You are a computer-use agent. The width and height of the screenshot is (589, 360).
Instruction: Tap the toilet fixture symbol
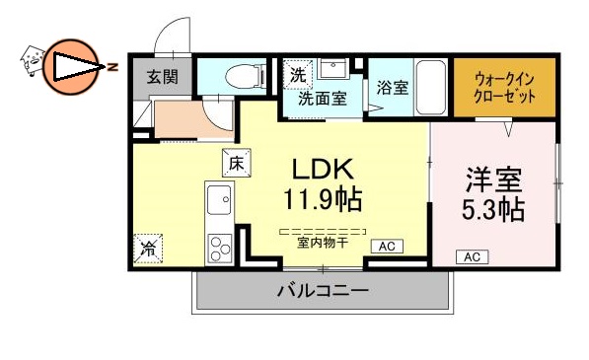pyautogui.click(x=240, y=75)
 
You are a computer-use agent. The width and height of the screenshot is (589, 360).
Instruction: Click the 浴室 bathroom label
pyautogui.click(x=392, y=88)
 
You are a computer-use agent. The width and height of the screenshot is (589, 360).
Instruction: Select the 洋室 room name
pyautogui.click(x=493, y=182)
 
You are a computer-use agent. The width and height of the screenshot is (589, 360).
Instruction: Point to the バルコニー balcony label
pyautogui.click(x=322, y=291)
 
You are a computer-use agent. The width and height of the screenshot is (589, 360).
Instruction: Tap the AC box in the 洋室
pyautogui.click(x=472, y=256)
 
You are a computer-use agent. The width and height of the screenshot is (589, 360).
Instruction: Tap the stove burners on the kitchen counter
pyautogui.click(x=219, y=246)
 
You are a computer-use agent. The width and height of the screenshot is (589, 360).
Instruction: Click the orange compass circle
pyautogui.click(x=68, y=66)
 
